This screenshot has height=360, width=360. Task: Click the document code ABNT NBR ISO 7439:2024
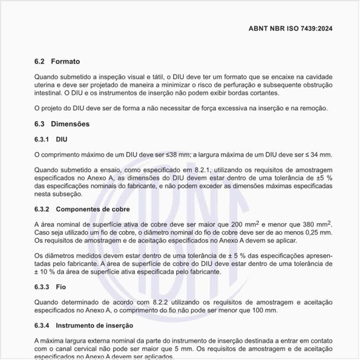290,28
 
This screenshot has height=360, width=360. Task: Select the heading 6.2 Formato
57,61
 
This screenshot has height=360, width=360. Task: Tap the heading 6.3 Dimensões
62,123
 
